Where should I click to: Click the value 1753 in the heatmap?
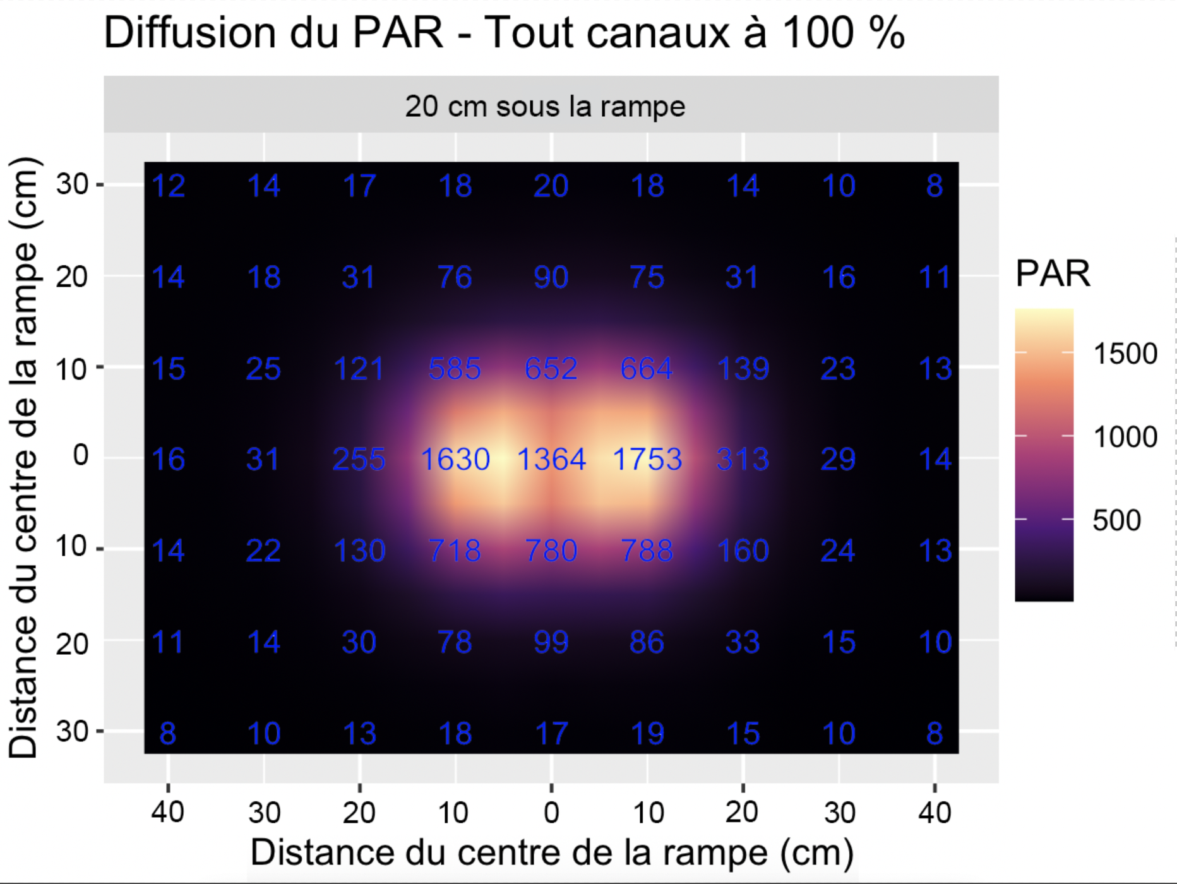(647, 459)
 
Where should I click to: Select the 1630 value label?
(455, 459)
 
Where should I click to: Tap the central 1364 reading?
(551, 459)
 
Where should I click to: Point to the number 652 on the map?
(551, 368)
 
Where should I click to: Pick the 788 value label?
(647, 550)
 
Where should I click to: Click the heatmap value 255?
(359, 459)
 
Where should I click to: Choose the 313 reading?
(743, 459)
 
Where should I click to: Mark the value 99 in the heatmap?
(551, 642)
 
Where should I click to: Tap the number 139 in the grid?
(743, 368)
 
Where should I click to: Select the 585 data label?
(455, 368)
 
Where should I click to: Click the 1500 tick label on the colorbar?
(1125, 354)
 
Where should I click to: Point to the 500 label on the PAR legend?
(1116, 520)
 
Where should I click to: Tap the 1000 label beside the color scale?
(1125, 437)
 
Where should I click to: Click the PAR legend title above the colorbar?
(1053, 273)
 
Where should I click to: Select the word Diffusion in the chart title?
(190, 33)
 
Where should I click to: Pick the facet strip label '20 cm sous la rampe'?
(545, 106)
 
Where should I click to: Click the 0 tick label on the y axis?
(80, 455)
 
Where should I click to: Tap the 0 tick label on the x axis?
(551, 813)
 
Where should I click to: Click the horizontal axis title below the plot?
(551, 852)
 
